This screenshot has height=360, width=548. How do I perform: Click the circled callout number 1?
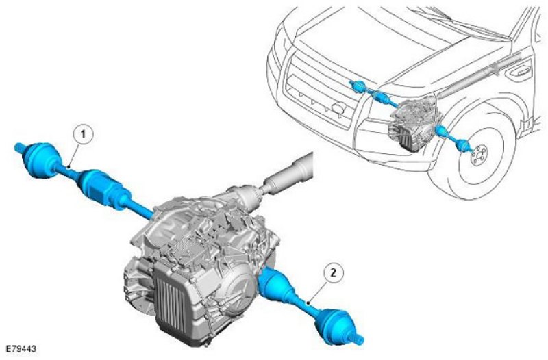(83, 134)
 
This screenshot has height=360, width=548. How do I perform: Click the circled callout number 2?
(334, 272)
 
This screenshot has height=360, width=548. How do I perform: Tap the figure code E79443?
(21, 348)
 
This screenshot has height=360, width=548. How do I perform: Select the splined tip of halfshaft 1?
(19, 148)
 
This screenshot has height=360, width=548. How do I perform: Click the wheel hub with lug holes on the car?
(478, 158)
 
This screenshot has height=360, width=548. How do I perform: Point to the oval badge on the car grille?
(338, 108)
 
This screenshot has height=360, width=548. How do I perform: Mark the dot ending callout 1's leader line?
(71, 166)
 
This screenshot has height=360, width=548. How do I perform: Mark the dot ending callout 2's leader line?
(308, 303)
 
